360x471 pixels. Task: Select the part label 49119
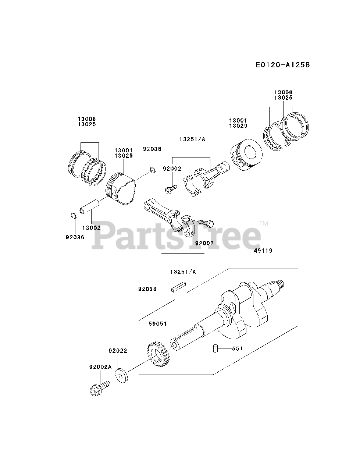[x=263, y=251]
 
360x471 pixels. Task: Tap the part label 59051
[x=158, y=324]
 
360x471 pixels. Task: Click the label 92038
[x=147, y=289]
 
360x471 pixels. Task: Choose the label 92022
[x=118, y=351]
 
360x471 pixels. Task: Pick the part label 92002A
[x=100, y=367]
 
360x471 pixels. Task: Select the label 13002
[x=91, y=228]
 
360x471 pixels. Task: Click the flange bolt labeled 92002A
[x=99, y=389]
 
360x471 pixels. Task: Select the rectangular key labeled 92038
[x=179, y=287]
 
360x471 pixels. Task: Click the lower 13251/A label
[x=183, y=272]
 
